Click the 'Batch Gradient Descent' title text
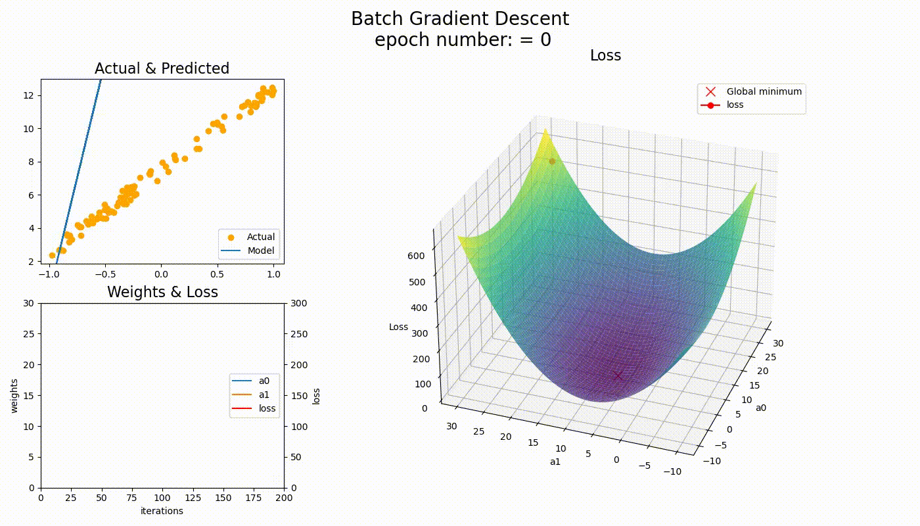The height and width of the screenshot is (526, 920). [x=460, y=18]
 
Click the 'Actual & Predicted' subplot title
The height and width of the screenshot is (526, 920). [x=162, y=68]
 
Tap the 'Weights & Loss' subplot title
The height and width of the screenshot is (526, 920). [x=162, y=291]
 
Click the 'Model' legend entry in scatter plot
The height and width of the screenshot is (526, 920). [x=260, y=251]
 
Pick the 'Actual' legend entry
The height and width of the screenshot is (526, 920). [x=260, y=237]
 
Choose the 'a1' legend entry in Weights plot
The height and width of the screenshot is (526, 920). [x=264, y=394]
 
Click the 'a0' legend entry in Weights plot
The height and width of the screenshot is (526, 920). [x=264, y=381]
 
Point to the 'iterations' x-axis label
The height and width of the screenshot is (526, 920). [x=162, y=511]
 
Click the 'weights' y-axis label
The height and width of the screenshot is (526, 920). [x=14, y=395]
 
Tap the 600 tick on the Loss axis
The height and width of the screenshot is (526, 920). [x=416, y=256]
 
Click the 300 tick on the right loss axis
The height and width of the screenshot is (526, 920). [x=297, y=303]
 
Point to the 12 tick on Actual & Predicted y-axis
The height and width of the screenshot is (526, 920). [x=28, y=95]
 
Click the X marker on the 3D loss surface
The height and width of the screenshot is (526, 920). [x=618, y=375]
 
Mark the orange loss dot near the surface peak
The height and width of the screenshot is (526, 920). [x=552, y=161]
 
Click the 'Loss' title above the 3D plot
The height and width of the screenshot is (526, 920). [x=605, y=56]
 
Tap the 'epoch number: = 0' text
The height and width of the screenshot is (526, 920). [x=463, y=40]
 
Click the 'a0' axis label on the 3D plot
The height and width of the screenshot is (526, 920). [x=761, y=408]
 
